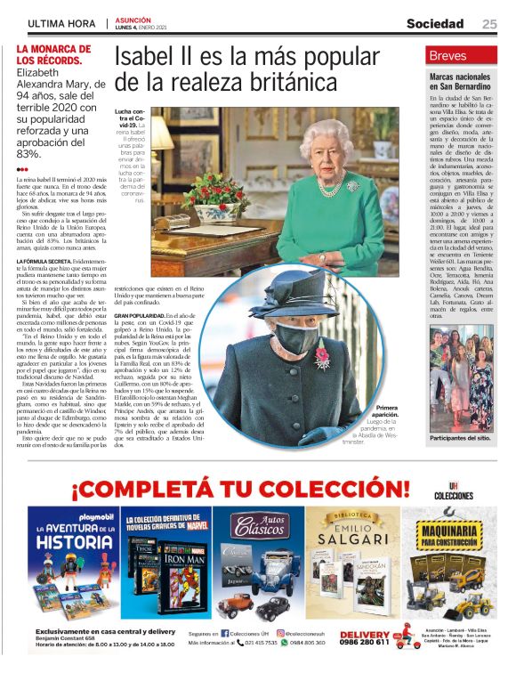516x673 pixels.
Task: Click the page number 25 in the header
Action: pyautogui.click(x=490, y=24)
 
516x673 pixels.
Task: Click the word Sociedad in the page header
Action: pyautogui.click(x=435, y=24)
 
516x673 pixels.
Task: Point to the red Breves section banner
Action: pyautogui.click(x=462, y=55)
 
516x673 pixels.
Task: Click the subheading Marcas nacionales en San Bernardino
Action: pyautogui.click(x=461, y=82)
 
